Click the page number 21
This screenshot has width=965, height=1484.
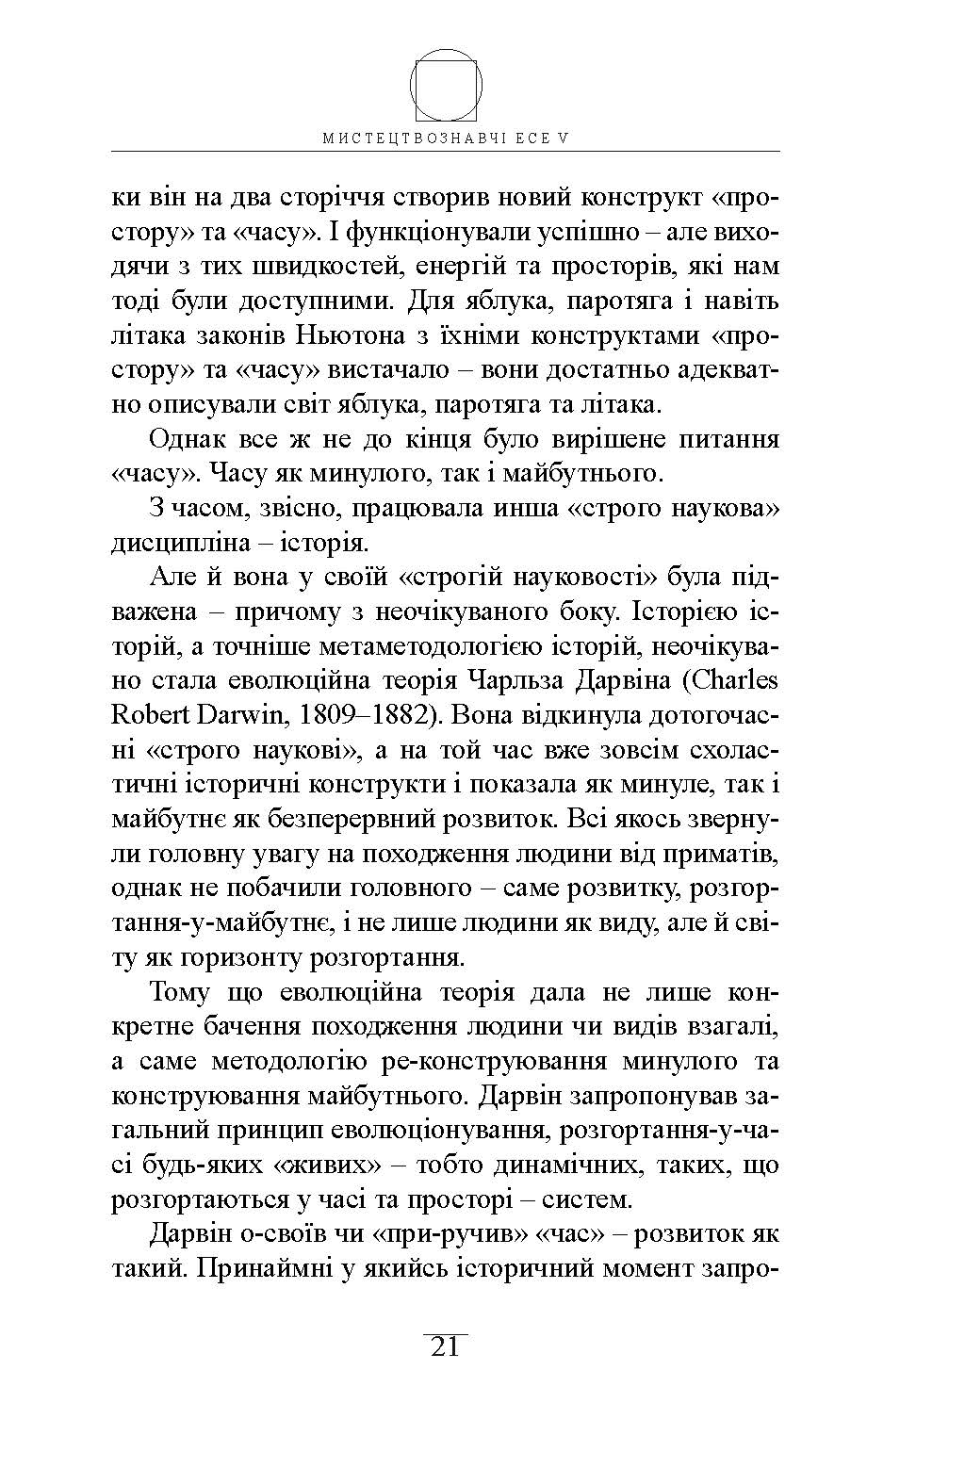coord(445,1347)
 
